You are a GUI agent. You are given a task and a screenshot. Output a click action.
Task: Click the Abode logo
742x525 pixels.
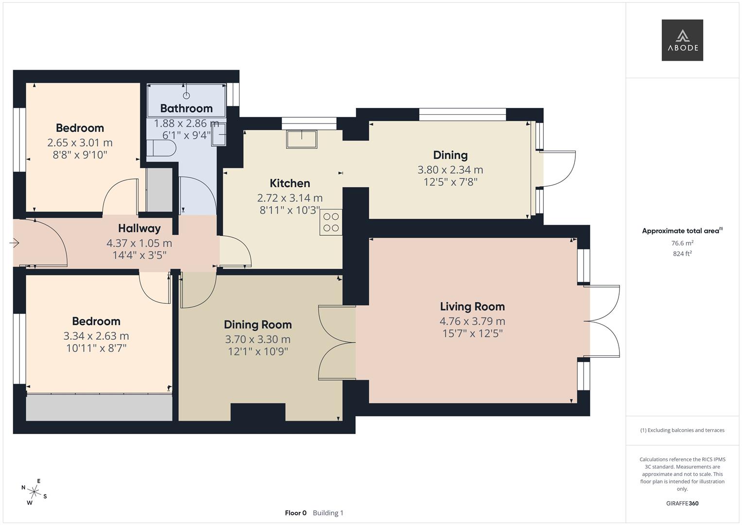(682, 40)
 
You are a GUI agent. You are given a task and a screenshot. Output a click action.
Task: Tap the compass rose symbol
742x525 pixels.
(34, 491)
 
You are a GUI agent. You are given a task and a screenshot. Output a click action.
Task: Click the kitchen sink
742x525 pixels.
(301, 139)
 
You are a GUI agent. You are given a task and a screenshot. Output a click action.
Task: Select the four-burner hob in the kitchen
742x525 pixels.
(331, 222)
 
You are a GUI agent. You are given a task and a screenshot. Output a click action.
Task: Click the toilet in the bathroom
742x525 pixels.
(163, 148)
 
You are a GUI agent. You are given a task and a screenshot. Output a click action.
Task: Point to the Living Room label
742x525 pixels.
(472, 306)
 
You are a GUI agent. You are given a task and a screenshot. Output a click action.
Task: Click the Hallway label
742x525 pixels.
(139, 228)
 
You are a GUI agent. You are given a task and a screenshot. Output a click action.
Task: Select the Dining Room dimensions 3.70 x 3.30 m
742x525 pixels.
(258, 339)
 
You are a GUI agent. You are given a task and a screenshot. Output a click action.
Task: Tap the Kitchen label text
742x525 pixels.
(290, 183)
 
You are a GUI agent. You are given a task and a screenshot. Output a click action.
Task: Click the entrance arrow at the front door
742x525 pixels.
(15, 243)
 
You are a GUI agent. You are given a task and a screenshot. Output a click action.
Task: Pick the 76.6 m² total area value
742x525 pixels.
(682, 243)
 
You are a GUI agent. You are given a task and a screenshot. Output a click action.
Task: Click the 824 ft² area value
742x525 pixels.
(682, 253)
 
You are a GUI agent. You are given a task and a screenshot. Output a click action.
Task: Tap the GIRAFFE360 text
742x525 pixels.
(682, 503)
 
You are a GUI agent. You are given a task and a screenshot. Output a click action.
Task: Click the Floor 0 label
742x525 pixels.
(295, 513)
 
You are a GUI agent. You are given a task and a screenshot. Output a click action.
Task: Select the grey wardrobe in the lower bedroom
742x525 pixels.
(99, 407)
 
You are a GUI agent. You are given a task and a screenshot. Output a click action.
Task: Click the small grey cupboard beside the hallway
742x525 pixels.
(159, 190)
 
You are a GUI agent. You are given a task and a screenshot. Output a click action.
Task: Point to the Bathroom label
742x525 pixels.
(186, 108)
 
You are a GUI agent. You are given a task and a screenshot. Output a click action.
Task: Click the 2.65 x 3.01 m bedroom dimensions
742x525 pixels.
(80, 142)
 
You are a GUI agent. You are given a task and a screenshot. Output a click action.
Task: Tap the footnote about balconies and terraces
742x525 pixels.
(682, 430)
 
